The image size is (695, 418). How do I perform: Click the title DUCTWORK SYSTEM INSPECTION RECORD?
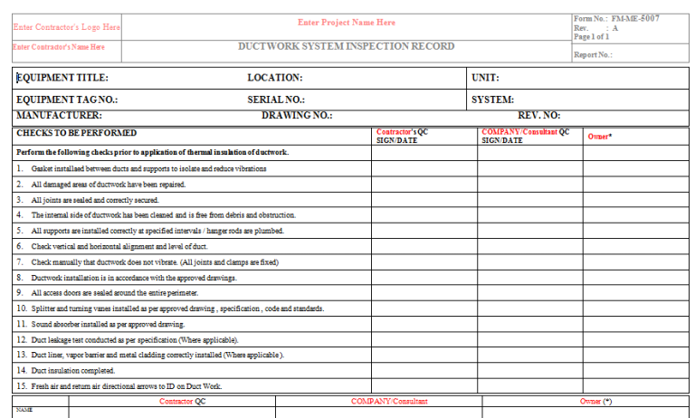[346, 46]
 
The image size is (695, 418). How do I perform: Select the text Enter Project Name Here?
[346, 22]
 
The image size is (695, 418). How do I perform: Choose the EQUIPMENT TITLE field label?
[63, 78]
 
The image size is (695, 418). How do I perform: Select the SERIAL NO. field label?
[276, 100]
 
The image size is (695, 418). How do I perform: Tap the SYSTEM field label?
[492, 100]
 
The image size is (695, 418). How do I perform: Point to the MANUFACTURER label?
[59, 116]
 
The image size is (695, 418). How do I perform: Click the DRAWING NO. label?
[297, 116]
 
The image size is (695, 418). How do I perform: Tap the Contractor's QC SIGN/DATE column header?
[403, 136]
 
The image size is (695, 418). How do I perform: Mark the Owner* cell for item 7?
[635, 261]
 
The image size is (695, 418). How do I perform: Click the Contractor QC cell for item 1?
[424, 168]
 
